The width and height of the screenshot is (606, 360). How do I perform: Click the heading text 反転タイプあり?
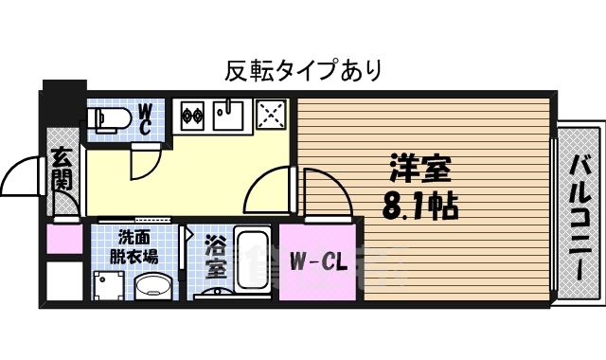click(x=303, y=69)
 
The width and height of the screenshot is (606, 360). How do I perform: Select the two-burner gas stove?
click(x=192, y=116)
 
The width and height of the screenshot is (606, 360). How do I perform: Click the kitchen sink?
click(x=228, y=115)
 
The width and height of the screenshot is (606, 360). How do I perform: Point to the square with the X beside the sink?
click(x=273, y=116)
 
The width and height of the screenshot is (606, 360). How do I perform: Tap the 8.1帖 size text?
click(x=419, y=203)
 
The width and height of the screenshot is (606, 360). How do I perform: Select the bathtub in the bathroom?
click(x=252, y=260)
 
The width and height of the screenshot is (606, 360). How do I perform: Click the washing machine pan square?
click(x=110, y=285)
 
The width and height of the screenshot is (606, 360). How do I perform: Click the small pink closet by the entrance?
click(x=64, y=238)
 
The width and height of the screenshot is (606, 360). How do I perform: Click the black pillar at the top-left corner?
click(x=63, y=104)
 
